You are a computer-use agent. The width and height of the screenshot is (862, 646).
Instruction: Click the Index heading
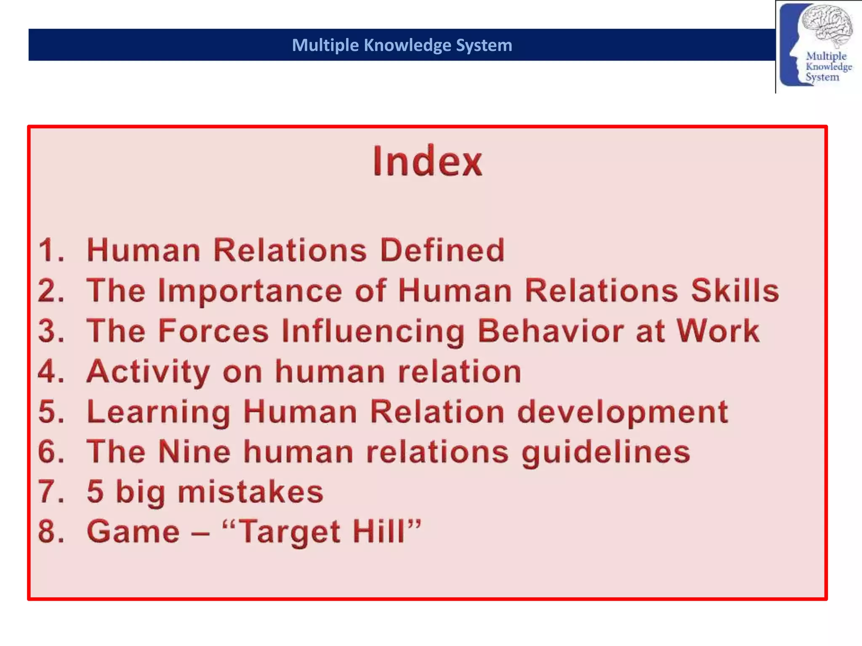pyautogui.click(x=427, y=161)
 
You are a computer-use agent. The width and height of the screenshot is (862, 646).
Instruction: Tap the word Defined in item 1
pyautogui.click(x=442, y=250)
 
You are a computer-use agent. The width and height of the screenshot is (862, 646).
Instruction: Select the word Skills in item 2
pyautogui.click(x=735, y=291)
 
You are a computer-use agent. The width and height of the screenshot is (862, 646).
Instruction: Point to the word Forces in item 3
pyautogui.click(x=213, y=331)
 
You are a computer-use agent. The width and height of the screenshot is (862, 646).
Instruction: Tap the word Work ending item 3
pyautogui.click(x=718, y=331)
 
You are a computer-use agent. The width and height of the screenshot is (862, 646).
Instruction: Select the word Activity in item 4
pyautogui.click(x=148, y=372)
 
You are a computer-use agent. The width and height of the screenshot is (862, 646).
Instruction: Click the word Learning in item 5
pyautogui.click(x=159, y=412)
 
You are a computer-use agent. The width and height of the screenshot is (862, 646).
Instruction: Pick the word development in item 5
pyautogui.click(x=623, y=412)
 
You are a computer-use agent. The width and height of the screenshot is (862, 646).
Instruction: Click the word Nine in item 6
pyautogui.click(x=194, y=452)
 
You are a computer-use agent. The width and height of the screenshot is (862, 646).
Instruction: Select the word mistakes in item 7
pyautogui.click(x=250, y=492)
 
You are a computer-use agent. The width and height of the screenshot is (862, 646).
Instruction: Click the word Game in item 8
pyautogui.click(x=133, y=532)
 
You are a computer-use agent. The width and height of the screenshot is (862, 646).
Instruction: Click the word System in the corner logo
pyautogui.click(x=822, y=77)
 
